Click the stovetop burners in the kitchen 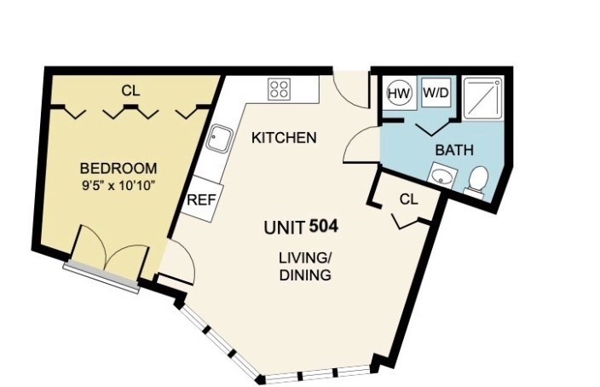point(280,90)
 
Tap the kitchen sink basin point(219,139)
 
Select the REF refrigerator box point(201,199)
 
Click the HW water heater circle point(399,94)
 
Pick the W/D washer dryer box point(436,93)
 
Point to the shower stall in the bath point(483,98)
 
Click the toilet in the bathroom point(477,181)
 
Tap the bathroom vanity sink point(442,176)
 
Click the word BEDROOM point(118,169)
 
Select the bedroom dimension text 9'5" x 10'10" point(118,186)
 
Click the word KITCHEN point(284,138)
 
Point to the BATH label point(454,150)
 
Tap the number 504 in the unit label point(323,226)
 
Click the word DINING point(305,275)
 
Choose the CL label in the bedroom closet point(130,90)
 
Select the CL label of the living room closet point(409,199)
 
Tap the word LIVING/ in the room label point(305,258)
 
